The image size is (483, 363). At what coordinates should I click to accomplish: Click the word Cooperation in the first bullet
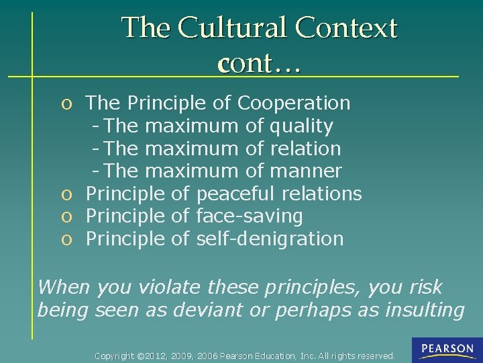point(294,103)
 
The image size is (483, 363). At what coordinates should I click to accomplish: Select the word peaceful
point(235,194)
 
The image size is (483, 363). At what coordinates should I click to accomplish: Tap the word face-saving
point(249,216)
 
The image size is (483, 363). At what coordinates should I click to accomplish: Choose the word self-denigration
point(270,239)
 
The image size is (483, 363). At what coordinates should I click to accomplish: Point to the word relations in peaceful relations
point(322,194)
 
